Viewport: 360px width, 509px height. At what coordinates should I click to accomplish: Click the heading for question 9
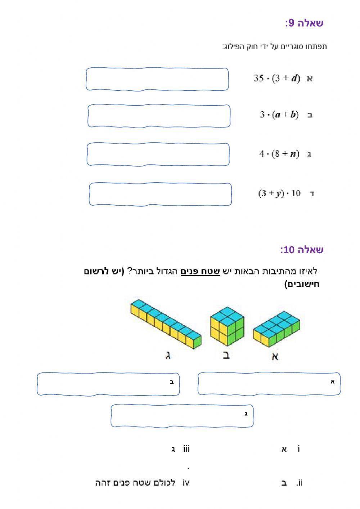[304, 23]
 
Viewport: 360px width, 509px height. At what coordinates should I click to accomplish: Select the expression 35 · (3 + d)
[276, 78]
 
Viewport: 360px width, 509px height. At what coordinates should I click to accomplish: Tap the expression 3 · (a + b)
[279, 115]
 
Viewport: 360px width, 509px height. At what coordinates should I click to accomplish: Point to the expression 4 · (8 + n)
[279, 154]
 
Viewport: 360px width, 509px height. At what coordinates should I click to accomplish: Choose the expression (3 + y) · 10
[279, 193]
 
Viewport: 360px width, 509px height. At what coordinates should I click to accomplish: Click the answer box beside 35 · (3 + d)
[157, 79]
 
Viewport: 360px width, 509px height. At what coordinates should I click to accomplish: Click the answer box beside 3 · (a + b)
[159, 116]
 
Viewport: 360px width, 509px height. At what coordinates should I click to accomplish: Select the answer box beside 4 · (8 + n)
[158, 154]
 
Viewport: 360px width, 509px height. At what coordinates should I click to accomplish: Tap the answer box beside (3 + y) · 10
[160, 194]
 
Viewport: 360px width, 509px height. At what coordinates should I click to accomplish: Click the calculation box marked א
[269, 384]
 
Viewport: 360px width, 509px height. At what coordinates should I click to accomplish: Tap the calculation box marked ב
[108, 384]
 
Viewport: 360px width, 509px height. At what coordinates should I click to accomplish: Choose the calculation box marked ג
[182, 415]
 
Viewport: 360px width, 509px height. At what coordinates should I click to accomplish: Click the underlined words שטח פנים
[200, 271]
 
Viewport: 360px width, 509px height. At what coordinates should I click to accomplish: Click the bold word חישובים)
[302, 284]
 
